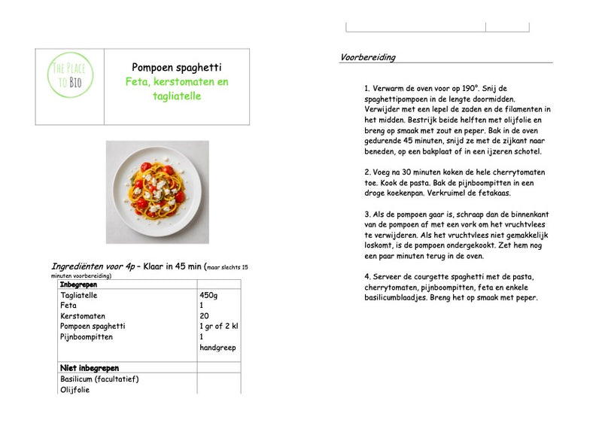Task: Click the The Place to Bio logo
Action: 70,75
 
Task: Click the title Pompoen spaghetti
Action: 177,67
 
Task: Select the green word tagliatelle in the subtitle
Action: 176,96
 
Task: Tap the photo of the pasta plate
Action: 157,191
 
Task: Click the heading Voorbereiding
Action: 368,57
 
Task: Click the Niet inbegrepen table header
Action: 89,368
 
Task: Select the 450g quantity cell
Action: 209,296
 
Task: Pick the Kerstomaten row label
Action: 83,316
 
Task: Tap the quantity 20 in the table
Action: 205,316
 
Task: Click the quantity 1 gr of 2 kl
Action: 218,327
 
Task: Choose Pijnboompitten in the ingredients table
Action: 87,337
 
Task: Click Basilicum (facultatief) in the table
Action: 99,379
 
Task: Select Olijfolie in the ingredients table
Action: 74,389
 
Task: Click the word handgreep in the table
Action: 217,348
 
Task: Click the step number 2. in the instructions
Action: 366,172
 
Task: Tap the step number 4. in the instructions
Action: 366,276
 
